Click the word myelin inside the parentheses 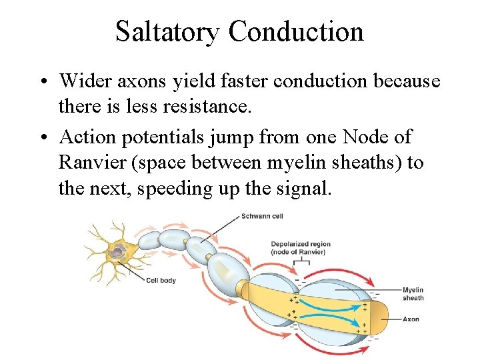tap(291, 163)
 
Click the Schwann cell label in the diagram tap(262, 216)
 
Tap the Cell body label tap(161, 280)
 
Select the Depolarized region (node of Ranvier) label tap(300, 248)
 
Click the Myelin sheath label tap(413, 293)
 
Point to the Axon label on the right tap(411, 319)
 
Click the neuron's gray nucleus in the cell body tap(118, 252)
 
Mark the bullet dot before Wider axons tap(41, 82)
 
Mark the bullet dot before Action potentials tap(41, 138)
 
